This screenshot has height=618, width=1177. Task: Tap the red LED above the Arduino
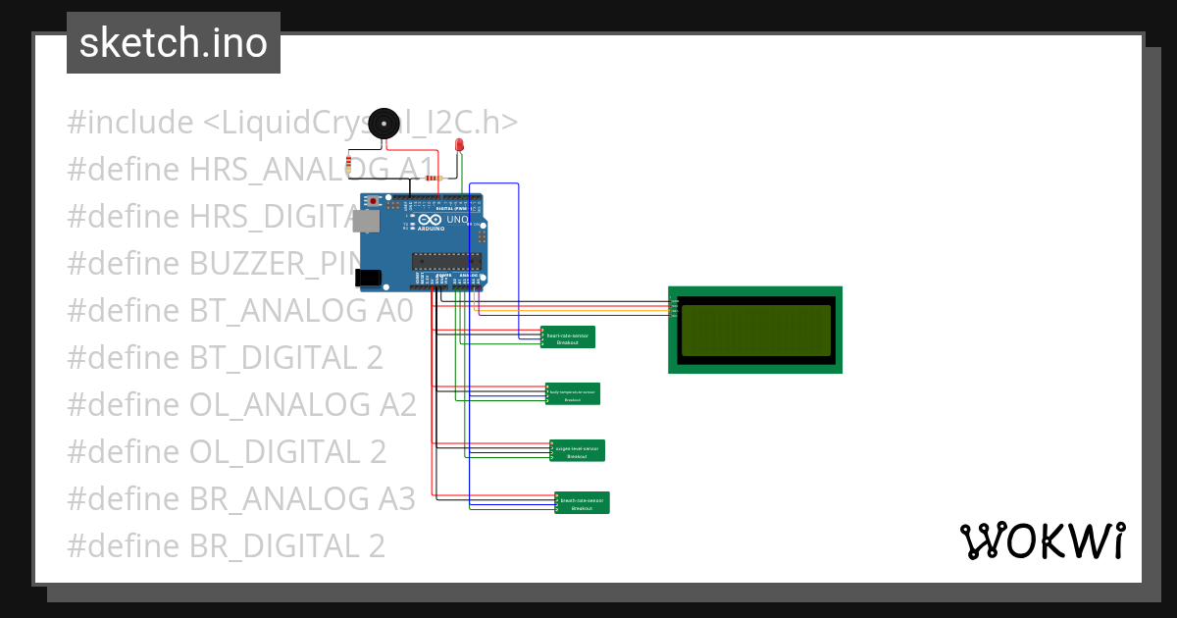(459, 146)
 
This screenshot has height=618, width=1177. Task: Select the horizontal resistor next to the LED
(434, 179)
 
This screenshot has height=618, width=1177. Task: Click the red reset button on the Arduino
(374, 201)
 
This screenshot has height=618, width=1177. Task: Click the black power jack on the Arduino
(370, 280)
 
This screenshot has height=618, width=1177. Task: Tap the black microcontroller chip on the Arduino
(446, 261)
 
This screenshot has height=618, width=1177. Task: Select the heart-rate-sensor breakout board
(568, 337)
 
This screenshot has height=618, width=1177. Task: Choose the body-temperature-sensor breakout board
(573, 394)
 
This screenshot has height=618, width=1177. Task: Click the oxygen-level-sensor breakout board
(578, 450)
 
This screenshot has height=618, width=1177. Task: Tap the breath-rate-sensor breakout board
(583, 502)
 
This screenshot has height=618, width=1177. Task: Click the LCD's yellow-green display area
(755, 330)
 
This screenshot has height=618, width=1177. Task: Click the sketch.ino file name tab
(174, 43)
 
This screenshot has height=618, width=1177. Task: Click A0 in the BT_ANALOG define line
(393, 311)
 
